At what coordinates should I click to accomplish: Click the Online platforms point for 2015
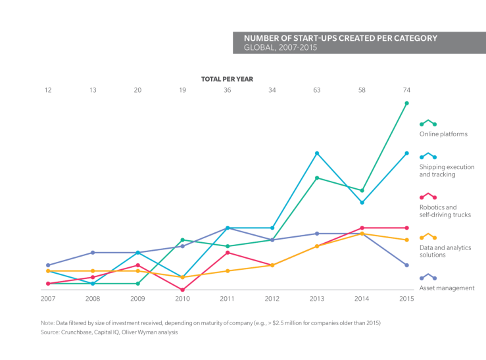[x=406, y=103]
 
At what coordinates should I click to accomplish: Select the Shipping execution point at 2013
[x=317, y=153]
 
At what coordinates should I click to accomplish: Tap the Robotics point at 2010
[x=182, y=290]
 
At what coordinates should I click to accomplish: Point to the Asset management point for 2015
[x=406, y=265]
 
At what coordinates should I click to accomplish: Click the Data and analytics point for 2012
[x=272, y=265]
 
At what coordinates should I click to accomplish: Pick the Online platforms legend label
[x=443, y=134]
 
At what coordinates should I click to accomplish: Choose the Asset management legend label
[x=447, y=288]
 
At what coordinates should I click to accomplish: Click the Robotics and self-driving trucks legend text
[x=445, y=211]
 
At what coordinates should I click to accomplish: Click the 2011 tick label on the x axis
[x=227, y=299]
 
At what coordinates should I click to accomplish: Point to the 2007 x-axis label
[x=47, y=299]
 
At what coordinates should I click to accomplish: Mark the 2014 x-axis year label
[x=362, y=299]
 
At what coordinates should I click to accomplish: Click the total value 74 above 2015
[x=406, y=90]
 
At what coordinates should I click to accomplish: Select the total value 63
[x=317, y=90]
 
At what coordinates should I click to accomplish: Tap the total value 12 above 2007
[x=47, y=90]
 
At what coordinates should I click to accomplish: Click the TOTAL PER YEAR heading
[x=227, y=78]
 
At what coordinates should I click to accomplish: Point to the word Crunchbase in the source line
[x=76, y=332]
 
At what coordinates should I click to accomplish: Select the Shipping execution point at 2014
[x=362, y=203]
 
